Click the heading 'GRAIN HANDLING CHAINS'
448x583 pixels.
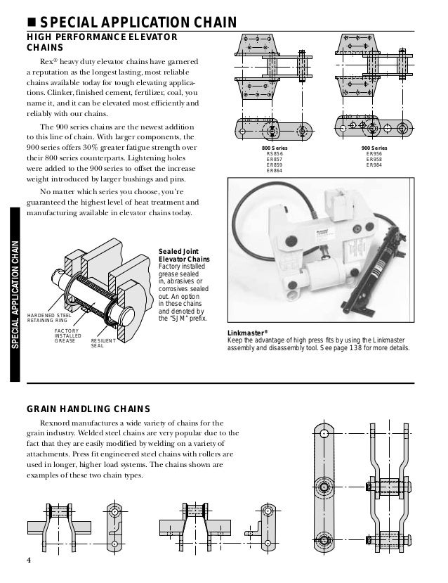tap(88, 408)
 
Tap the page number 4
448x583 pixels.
tap(29, 560)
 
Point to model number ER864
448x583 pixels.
tap(275, 171)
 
